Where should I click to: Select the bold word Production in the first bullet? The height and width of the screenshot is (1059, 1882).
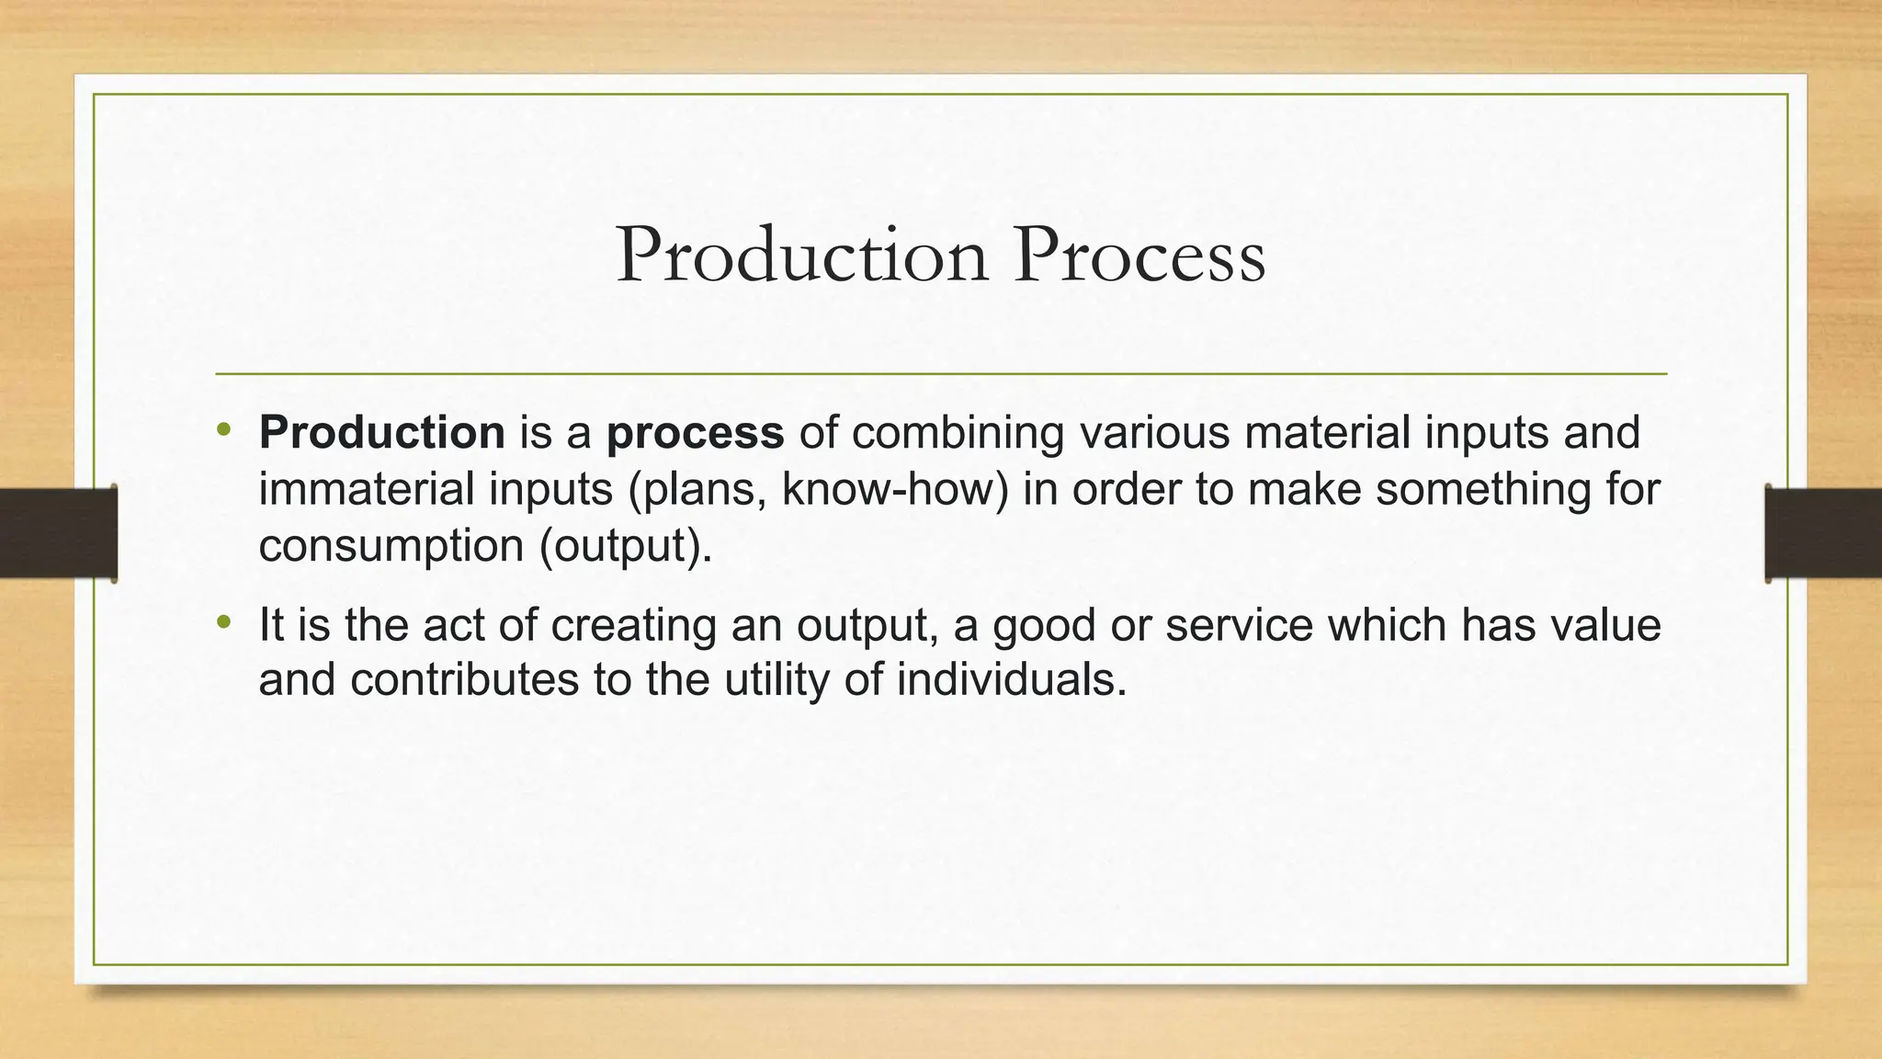click(381, 432)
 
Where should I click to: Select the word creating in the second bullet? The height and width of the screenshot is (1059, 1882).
click(633, 626)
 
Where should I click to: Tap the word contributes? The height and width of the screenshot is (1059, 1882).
click(464, 680)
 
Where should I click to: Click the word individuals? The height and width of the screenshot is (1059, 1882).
click(1011, 680)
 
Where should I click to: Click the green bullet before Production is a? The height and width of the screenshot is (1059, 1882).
click(223, 431)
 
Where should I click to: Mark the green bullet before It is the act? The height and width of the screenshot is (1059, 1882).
click(223, 624)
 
